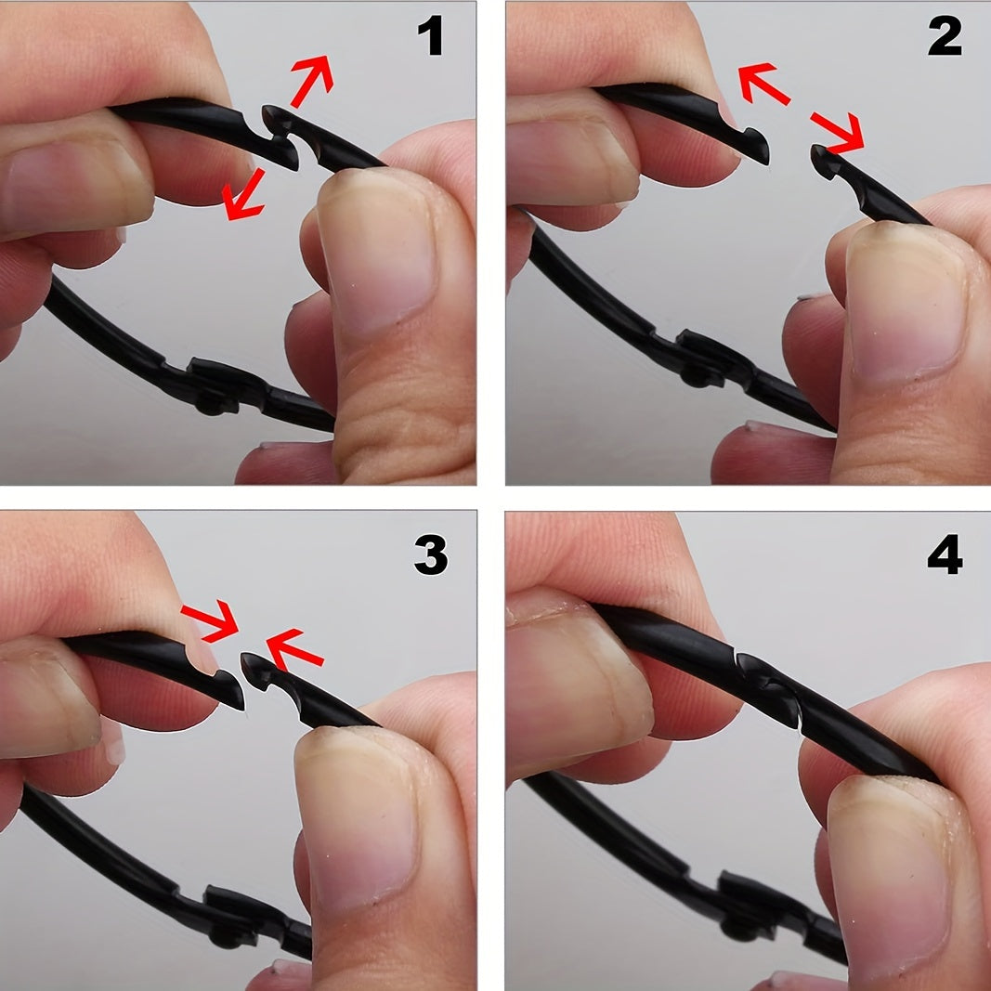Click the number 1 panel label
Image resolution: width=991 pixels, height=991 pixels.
[x=431, y=35]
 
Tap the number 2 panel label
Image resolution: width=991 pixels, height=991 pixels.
[x=945, y=35]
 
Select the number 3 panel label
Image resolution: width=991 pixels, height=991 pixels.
[x=431, y=554]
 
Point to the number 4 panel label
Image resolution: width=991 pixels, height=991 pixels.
[x=945, y=554]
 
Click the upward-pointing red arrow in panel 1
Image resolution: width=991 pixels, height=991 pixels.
[x=311, y=81]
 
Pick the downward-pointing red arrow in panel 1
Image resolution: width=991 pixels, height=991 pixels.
[x=243, y=195]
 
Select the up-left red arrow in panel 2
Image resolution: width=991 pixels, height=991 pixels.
[x=764, y=83]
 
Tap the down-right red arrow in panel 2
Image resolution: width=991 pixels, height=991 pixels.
[x=837, y=132]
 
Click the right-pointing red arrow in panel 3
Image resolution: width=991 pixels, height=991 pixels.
[x=210, y=621]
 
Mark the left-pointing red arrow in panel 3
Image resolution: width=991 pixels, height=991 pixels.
[x=295, y=649]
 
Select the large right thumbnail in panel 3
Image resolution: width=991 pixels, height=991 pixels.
[x=356, y=815]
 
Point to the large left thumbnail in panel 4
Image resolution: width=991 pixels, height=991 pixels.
[x=579, y=682]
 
